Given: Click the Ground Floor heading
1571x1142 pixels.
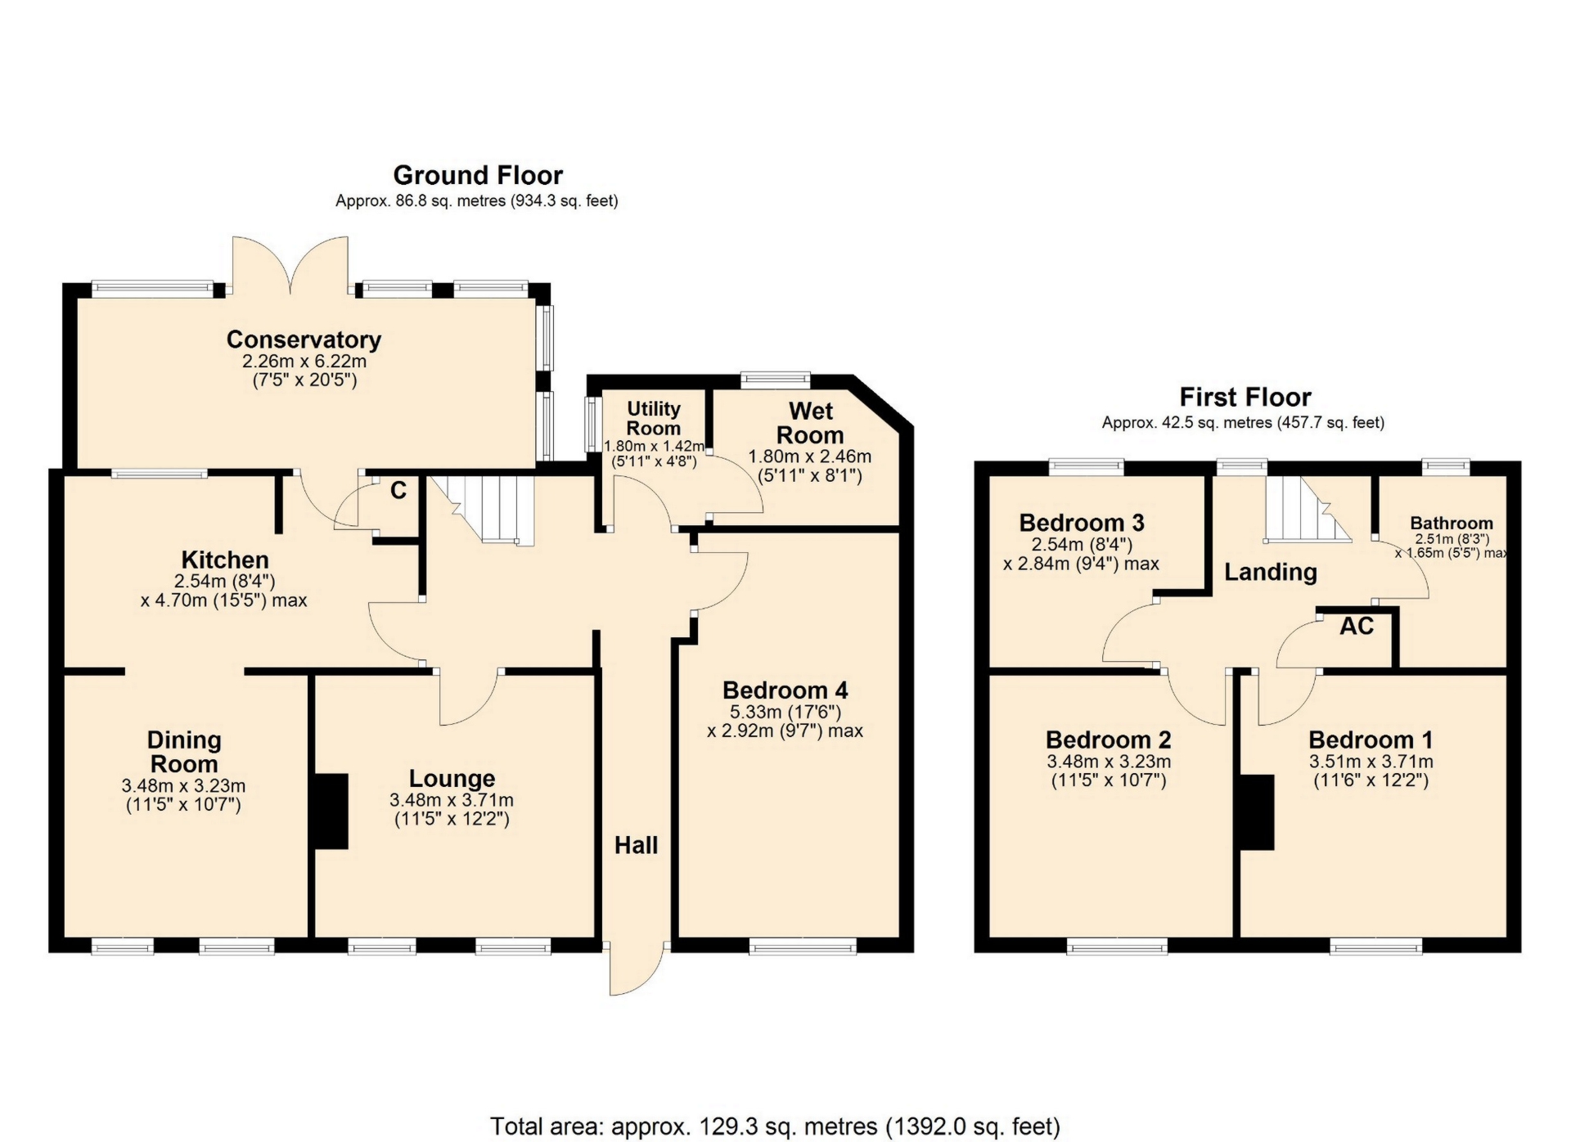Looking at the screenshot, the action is coord(478,175).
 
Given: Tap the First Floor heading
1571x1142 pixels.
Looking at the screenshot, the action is coord(1245,398).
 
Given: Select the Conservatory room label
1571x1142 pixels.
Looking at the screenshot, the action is coord(304,339).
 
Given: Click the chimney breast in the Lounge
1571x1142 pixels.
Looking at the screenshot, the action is coord(331,812).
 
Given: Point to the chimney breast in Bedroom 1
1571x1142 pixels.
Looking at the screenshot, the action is coord(1258,812).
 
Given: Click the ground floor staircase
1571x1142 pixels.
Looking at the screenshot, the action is coord(482,509).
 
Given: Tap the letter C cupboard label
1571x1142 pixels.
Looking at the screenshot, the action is coord(398,491).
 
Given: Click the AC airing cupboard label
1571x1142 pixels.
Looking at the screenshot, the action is coord(1357,627).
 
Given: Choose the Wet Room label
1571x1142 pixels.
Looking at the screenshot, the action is coord(810,423).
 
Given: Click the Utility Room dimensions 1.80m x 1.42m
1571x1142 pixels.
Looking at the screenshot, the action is coord(653,447).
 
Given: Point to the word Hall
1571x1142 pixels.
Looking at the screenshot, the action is coord(636,846).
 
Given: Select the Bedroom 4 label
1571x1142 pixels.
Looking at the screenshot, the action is coord(785,691).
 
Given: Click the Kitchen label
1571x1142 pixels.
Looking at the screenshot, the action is coord(225,560).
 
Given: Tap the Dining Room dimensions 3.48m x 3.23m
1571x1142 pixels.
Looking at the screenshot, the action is coord(183,786).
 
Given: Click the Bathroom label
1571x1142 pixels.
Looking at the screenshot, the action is coord(1452,524).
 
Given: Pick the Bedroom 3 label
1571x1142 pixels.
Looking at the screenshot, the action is coord(1082,523).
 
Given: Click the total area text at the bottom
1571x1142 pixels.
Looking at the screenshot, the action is coord(775,1126).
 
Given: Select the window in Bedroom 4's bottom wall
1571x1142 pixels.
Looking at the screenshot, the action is coord(803,947).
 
